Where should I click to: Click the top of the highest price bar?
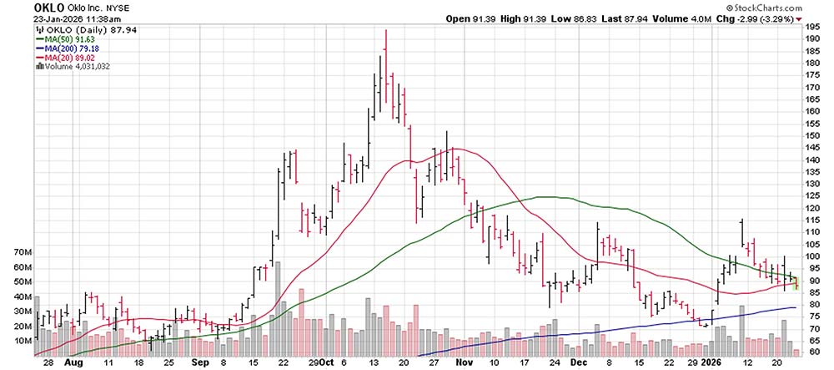coord(385,30)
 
